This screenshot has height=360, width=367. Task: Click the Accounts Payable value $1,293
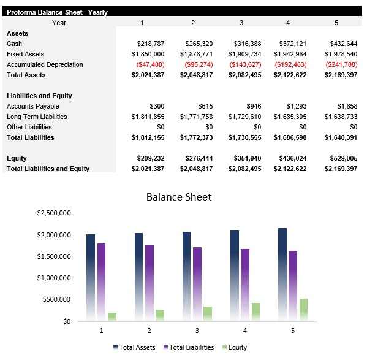coord(298,106)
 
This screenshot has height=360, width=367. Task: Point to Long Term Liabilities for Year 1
coord(148,117)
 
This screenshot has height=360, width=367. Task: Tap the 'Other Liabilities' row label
coord(29,127)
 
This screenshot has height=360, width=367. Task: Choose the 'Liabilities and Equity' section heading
coord(39,96)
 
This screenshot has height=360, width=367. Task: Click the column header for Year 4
coord(288,23)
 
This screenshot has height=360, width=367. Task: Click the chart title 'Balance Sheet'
coord(178,197)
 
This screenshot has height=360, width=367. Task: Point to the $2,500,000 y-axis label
coord(54,213)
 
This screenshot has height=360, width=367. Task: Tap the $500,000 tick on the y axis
coord(58,299)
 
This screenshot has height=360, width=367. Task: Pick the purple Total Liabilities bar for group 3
coord(197,284)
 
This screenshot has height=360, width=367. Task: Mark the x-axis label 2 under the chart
coord(149,330)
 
